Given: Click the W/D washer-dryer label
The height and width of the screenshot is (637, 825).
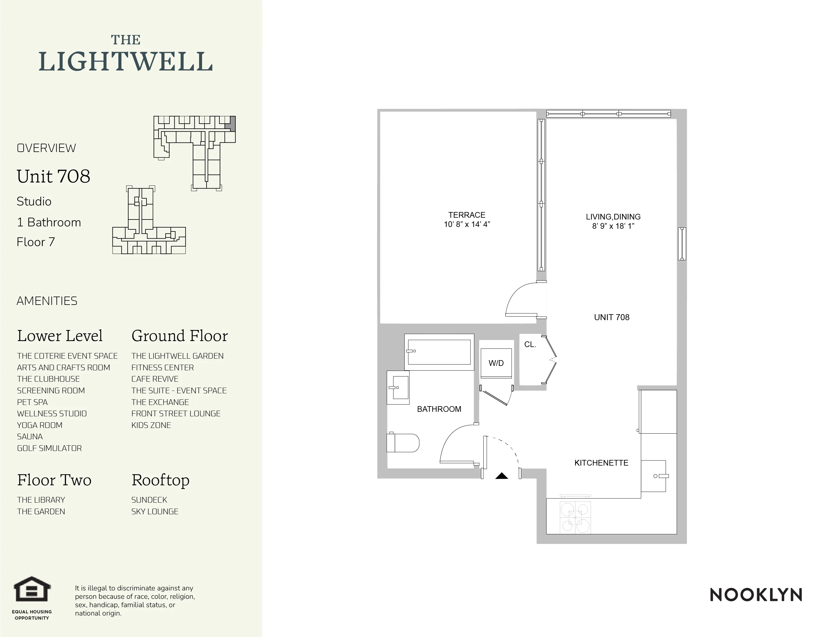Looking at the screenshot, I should click(496, 363).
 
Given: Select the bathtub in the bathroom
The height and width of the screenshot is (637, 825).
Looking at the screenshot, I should click(439, 352).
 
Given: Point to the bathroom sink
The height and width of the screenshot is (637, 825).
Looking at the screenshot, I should click(398, 387).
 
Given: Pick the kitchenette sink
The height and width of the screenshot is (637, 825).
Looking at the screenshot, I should click(653, 476).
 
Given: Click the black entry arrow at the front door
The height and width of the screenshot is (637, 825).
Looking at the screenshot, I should click(502, 476).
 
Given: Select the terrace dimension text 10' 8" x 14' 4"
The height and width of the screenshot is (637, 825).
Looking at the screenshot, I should click(467, 225).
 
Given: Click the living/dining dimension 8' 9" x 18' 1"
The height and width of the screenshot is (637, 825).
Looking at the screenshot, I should click(613, 226).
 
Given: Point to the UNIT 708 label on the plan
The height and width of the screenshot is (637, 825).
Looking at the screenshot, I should click(612, 317).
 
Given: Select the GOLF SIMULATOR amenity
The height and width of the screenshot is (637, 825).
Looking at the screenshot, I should click(50, 448).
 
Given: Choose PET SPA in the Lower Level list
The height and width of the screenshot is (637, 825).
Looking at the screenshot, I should click(33, 402).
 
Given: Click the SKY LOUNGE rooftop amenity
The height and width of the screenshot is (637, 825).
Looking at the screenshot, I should click(155, 512).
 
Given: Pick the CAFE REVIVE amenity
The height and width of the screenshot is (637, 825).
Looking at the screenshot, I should click(155, 379).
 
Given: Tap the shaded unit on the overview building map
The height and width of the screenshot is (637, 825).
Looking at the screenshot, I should click(233, 123).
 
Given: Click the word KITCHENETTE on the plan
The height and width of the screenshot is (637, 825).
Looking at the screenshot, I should click(601, 463).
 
